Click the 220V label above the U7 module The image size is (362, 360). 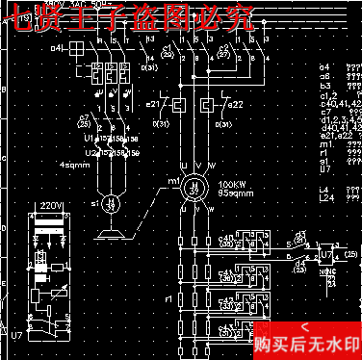pyautogui.click(x=50, y=207)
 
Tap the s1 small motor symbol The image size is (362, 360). pyautogui.click(x=112, y=203)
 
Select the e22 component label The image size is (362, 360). pyautogui.click(x=236, y=103)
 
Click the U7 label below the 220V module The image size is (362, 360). pyautogui.click(x=16, y=335)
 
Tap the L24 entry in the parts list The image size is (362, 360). pyautogui.click(x=327, y=196)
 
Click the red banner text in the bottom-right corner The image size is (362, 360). pyautogui.click(x=306, y=342)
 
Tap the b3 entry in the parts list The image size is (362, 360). pyautogui.click(x=325, y=86)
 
